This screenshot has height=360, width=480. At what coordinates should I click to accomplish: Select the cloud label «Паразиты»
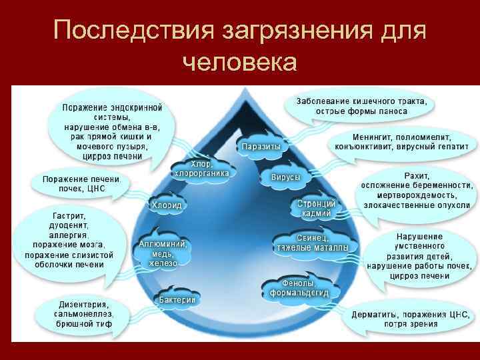click(x=261, y=146)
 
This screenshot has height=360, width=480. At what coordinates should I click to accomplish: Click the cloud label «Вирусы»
click(x=285, y=178)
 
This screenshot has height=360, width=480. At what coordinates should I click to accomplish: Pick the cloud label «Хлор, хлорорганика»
click(x=201, y=168)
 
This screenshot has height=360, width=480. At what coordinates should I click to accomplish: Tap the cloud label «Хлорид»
click(x=166, y=205)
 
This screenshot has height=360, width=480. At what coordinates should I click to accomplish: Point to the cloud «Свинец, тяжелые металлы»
click(x=312, y=243)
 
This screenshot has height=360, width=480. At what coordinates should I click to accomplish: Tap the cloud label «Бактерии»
click(x=177, y=300)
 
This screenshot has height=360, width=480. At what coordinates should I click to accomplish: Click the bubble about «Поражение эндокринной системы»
click(x=112, y=131)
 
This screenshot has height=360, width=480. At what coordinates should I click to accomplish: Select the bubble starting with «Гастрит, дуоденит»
click(x=69, y=240)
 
